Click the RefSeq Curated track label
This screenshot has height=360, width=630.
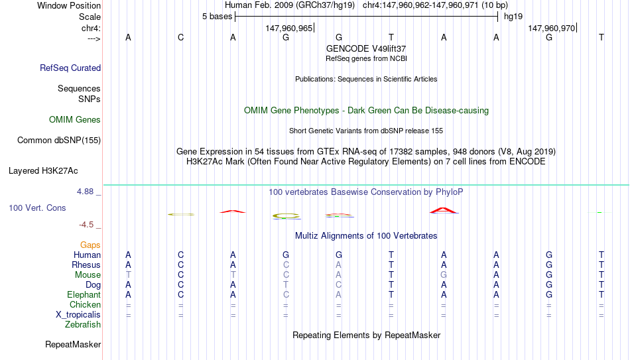[70, 68]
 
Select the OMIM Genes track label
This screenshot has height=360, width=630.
[75, 120]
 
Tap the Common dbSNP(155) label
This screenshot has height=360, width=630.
[59, 141]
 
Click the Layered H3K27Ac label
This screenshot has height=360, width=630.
[43, 171]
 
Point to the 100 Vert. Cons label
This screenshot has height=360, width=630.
[37, 208]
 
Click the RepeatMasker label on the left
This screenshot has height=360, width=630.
[73, 344]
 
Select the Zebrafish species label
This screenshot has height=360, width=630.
[83, 324]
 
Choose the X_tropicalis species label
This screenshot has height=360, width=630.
[78, 315]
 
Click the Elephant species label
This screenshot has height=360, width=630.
[84, 295]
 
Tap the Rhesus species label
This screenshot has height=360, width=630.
[86, 265]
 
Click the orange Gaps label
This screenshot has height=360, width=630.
[90, 245]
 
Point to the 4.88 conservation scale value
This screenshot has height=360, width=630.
[85, 192]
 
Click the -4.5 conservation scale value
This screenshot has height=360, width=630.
[86, 225]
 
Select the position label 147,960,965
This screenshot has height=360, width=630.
[288, 28]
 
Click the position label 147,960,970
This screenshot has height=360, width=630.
[551, 28]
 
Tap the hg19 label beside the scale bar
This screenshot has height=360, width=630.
[513, 17]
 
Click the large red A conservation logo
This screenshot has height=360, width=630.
[444, 211]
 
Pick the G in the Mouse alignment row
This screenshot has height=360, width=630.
[444, 275]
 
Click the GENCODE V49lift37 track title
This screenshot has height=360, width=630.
[366, 48]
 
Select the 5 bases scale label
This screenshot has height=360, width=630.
[217, 17]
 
